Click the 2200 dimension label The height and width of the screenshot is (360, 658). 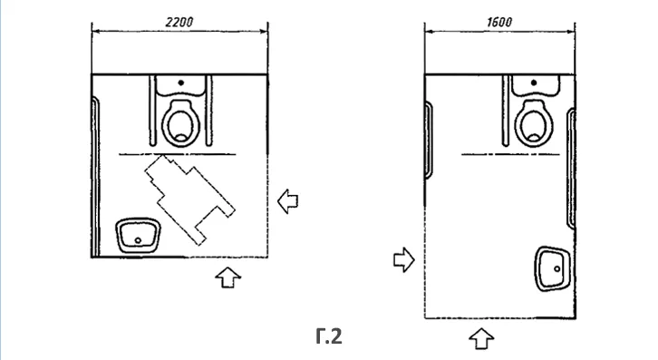[179, 22]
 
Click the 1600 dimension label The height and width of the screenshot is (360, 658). [499, 22]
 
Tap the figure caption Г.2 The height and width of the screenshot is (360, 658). [329, 336]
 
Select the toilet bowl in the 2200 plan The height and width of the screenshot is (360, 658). [181, 123]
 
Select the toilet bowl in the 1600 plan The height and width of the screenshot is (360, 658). [534, 123]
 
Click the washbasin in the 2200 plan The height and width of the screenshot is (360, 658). [138, 235]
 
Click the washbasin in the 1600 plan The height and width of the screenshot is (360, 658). [553, 268]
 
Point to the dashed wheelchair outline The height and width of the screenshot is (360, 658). [189, 199]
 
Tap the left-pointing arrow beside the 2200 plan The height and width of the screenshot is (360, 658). [288, 201]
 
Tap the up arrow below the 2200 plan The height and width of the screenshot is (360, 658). [227, 277]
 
